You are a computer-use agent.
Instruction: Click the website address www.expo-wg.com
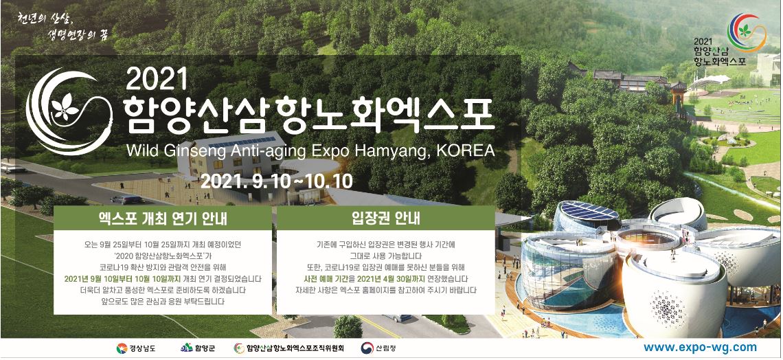pyautogui.click(x=700, y=348)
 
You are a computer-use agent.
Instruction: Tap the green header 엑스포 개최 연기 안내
pyautogui.click(x=162, y=218)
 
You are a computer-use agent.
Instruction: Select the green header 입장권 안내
pyautogui.click(x=385, y=218)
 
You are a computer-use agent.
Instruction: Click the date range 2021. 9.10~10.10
pyautogui.click(x=277, y=181)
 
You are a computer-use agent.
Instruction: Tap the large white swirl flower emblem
pyautogui.click(x=68, y=111)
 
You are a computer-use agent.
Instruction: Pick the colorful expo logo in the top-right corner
pyautogui.click(x=746, y=32)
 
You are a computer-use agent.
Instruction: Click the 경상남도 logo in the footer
pyautogui.click(x=136, y=348)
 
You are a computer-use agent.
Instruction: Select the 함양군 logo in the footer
pyautogui.click(x=198, y=348)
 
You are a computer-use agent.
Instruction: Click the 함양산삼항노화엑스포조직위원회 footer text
pyautogui.click(x=295, y=348)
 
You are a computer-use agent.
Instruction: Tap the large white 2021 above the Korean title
pyautogui.click(x=157, y=78)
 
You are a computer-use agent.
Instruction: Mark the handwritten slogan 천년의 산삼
pyautogui.click(x=45, y=19)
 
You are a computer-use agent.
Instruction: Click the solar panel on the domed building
pyautogui.click(x=589, y=211)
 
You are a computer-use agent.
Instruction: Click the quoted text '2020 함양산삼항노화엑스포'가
pyautogui.click(x=162, y=256)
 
